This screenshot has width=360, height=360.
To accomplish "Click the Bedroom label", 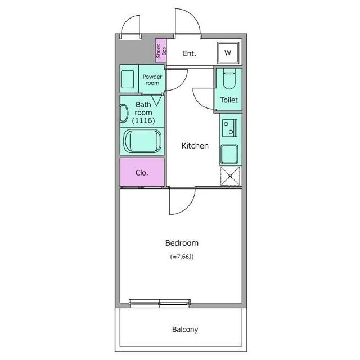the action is coord(182,243).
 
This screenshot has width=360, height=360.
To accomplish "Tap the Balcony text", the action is coord(185,330).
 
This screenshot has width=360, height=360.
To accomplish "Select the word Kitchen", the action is coord(195,146).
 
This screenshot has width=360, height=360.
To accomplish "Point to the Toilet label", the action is coord(229,100).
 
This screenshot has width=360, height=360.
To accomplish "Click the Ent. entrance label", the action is coord(190,53).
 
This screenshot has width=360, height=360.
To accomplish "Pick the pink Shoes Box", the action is coord(161,51).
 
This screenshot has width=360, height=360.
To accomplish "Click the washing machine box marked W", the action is coord(228,53).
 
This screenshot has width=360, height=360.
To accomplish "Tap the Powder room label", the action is coord(152,80).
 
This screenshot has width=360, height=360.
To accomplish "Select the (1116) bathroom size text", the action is coord(143,120).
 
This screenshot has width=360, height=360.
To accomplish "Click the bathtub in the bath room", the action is coord(142,141).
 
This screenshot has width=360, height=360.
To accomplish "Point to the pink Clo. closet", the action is coord(142,172).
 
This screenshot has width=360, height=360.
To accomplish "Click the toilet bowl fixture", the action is coord(229,79).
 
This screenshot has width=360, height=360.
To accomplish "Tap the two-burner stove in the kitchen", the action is coord(229,128).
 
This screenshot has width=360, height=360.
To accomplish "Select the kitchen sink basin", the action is coord(229,154).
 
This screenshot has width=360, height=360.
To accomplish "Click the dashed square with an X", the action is coord(230,176).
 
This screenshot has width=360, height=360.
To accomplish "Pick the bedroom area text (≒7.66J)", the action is coord(182,256).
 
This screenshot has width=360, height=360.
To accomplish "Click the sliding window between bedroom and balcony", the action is coord(160,303).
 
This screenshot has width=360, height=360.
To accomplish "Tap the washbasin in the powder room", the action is coord(128,79).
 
